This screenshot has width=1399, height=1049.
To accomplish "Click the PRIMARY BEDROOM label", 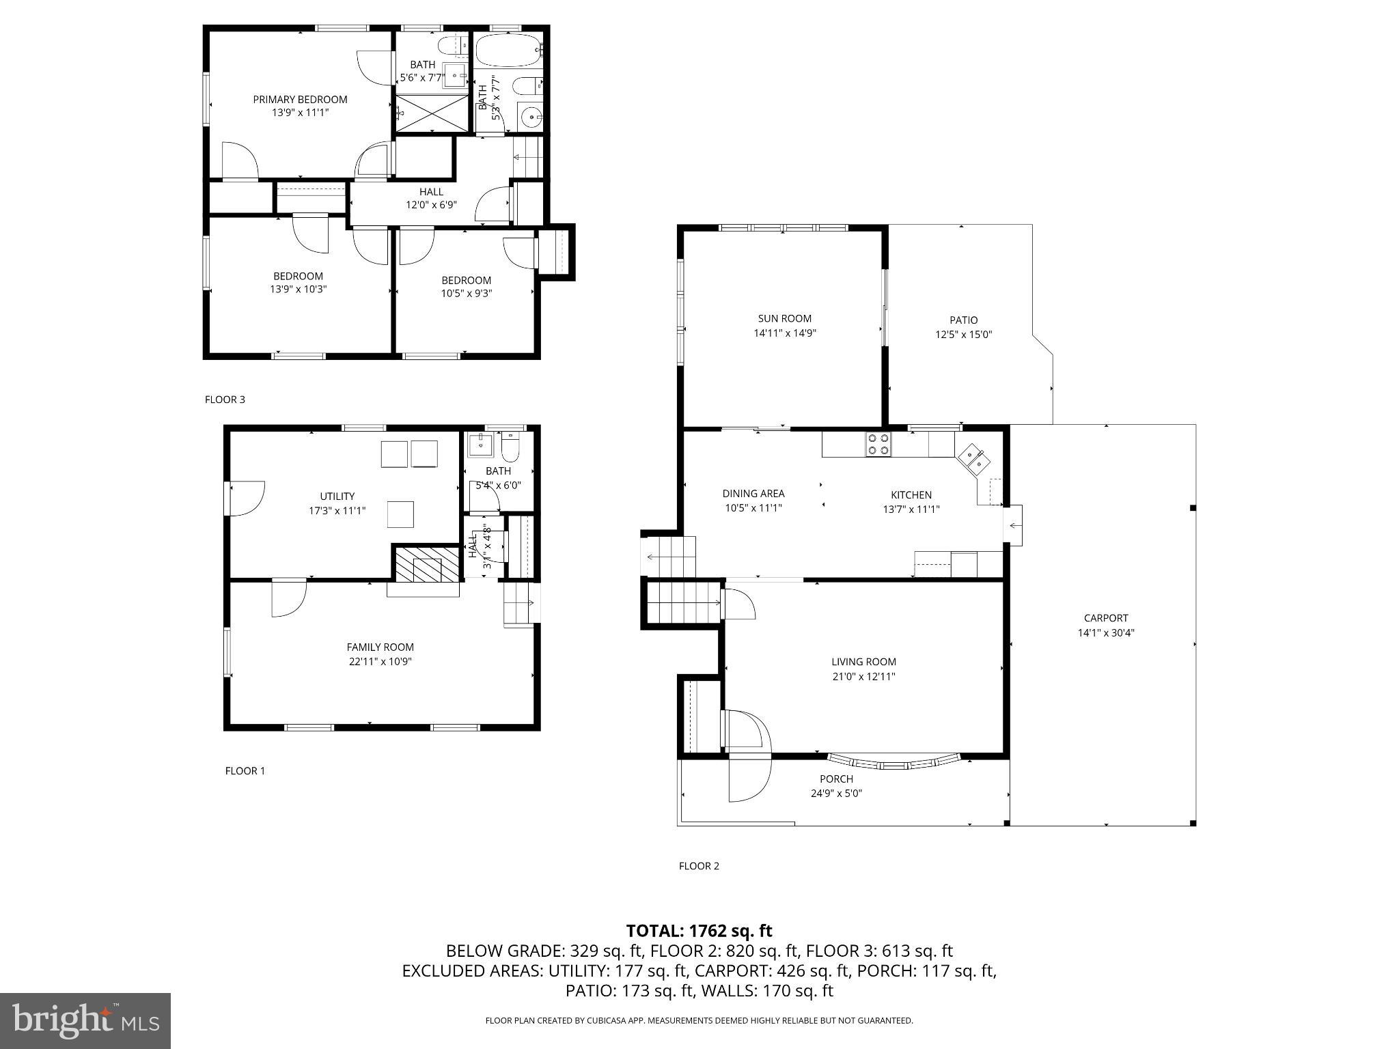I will pos(300,100).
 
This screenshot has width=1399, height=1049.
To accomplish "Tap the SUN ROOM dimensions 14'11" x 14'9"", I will pos(785,333).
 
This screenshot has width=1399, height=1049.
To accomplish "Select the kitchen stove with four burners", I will pos(878,445).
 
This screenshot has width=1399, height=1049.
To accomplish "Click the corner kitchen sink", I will pos(973,460).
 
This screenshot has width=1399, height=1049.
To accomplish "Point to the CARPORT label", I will pos(1106,618).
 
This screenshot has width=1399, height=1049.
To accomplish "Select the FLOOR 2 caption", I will pos(699,866).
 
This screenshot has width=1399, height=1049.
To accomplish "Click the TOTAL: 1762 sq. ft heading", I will pos(699,931).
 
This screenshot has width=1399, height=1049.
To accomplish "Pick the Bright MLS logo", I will pos(85,1020).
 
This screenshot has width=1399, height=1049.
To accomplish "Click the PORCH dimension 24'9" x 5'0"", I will pos(836,794).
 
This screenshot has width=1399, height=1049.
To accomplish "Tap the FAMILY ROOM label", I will pos(380,647).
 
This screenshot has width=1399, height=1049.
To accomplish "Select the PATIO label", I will pos(963,320).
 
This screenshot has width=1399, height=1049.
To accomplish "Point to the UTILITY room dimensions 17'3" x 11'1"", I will pos(337,510).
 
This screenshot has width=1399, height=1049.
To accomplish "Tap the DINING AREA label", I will pos(753,494).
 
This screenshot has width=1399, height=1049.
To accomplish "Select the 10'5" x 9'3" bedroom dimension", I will pos(466,294).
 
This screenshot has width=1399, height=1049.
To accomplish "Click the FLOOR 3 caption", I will pos(225,400).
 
